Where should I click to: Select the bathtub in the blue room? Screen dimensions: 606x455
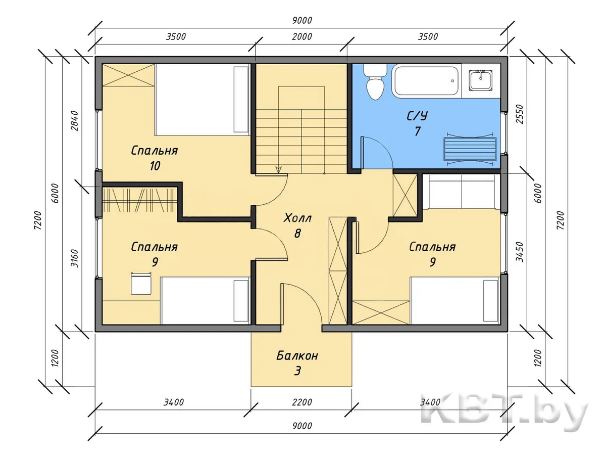click(427, 80)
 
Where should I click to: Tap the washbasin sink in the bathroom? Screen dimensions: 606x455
click(481, 80)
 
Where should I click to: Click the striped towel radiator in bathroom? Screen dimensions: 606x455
click(469, 149)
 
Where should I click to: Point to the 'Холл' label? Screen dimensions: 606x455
click(297, 218)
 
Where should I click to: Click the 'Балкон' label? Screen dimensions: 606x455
click(297, 356)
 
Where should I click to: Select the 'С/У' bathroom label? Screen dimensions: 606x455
click(417, 116)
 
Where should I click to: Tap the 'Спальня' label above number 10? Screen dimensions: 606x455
click(155, 151)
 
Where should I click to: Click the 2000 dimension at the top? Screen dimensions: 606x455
click(302, 36)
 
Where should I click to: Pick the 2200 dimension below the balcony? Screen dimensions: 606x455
click(302, 402)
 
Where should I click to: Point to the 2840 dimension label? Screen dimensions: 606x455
click(75, 121)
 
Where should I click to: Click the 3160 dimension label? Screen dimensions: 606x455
click(75, 258)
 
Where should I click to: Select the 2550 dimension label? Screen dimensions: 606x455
click(520, 114)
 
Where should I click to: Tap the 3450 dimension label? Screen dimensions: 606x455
click(520, 252)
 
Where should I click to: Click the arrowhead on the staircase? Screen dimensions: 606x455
click(279, 170)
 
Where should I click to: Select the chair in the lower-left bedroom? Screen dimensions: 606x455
click(141, 284)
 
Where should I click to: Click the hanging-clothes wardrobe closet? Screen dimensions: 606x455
click(140, 200)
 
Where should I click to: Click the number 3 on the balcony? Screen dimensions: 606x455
click(297, 371)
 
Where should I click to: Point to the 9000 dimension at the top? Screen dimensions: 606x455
click(302, 20)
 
